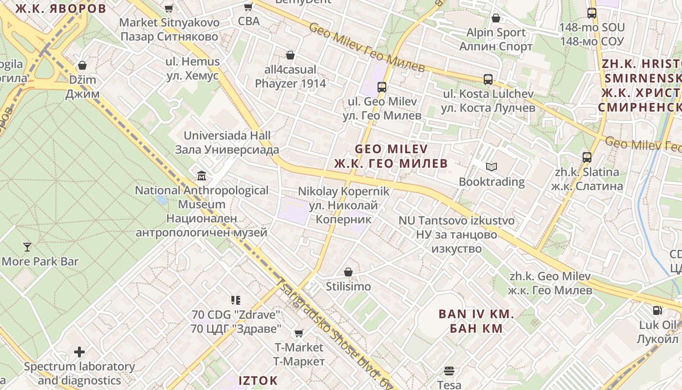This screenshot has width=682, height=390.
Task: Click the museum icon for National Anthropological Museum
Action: (201, 175)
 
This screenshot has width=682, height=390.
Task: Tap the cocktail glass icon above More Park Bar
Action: (27, 247)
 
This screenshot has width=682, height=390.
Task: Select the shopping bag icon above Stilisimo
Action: (348, 272)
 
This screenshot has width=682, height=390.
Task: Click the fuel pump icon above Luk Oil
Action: (657, 310)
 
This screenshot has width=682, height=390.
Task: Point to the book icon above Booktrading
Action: (492, 167)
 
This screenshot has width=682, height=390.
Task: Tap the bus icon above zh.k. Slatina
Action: (587, 157)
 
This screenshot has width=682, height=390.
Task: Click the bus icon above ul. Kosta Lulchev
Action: (488, 79)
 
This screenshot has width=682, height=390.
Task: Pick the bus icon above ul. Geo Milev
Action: (382, 87)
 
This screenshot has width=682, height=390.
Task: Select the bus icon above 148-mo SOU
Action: (592, 13)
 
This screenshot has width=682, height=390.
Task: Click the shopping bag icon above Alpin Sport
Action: (496, 19)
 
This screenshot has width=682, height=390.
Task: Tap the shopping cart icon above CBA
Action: (248, 7)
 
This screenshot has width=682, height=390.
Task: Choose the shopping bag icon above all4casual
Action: (290, 55)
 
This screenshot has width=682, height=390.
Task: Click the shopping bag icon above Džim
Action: (82, 65)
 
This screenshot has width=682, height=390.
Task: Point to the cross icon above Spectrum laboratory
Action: (79, 351)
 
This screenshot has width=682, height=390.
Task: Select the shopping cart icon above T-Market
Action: (299, 333)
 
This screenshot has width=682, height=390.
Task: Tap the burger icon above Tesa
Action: (449, 370)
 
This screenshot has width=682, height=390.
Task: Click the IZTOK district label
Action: (258, 380)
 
